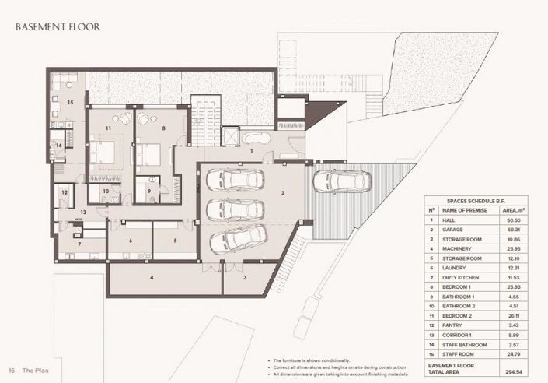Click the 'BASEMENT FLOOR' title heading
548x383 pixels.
pos(58,26)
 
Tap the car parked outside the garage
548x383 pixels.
pos(331,181)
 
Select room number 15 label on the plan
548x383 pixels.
pos(70,102)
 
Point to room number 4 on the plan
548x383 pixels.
pos(152,277)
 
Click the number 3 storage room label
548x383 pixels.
pos(244,277)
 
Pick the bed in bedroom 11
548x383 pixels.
pos(105,150)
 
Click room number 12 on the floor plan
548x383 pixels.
pos(65,192)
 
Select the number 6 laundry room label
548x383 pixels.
pos(130,241)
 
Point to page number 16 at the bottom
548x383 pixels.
pos(12,370)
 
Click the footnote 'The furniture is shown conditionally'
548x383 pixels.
pos(311,362)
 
